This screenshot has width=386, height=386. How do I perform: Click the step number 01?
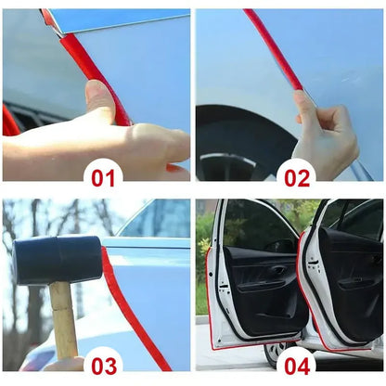pos(103,178)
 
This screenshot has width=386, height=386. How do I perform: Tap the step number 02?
pos(297,178)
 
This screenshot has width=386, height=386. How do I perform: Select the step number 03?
pos(104,367)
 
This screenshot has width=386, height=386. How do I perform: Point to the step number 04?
pos(297,367)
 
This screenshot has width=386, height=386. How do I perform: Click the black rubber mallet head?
pos(58,260)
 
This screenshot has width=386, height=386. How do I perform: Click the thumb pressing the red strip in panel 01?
pos(99,99)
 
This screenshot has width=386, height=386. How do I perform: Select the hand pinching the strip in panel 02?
pos(325,133)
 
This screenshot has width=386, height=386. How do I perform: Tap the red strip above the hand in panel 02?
pos(274,49)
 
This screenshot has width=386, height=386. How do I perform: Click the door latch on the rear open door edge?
pos(313,262)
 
